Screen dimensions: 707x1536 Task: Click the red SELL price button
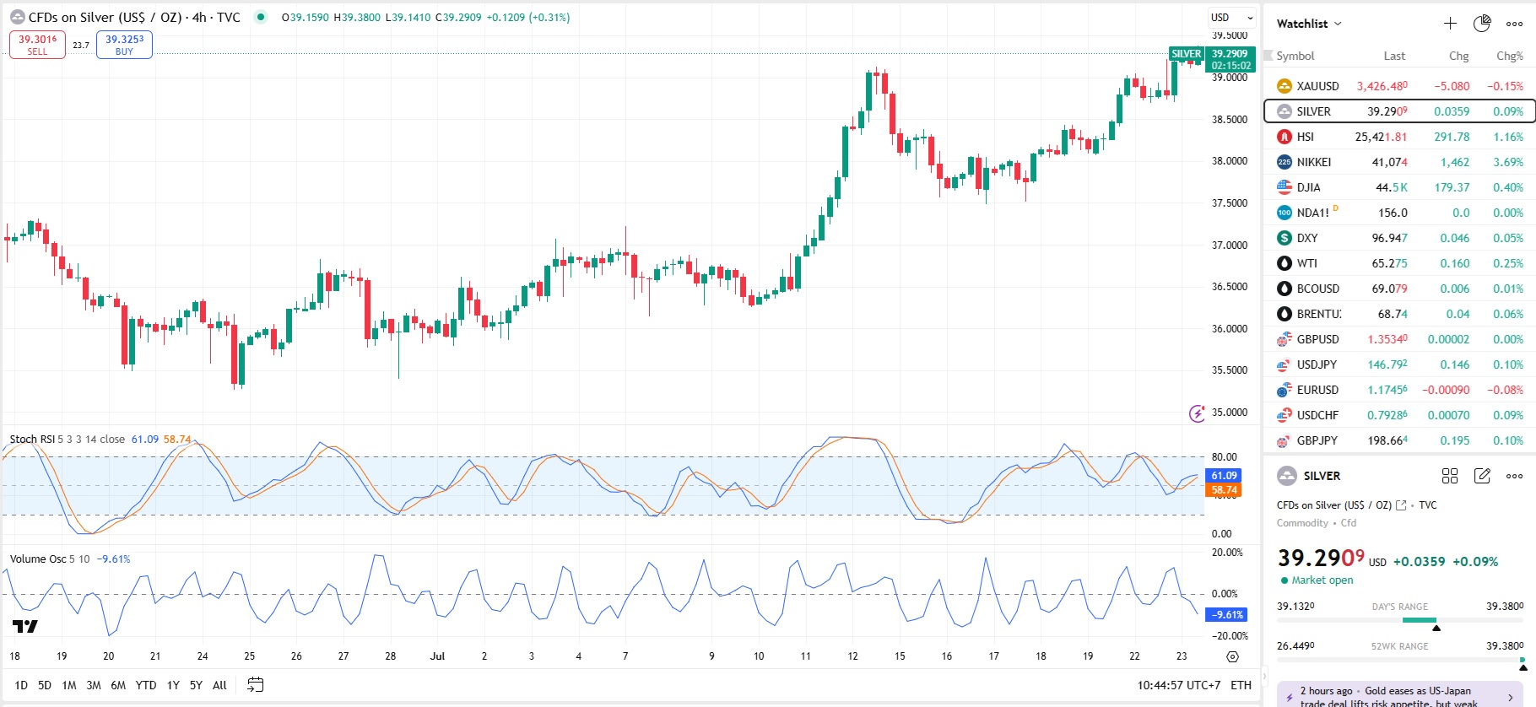pyautogui.click(x=37, y=45)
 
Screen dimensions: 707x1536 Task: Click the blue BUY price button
pyautogui.click(x=124, y=45)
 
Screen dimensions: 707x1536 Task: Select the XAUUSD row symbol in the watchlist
pyautogui.click(x=1317, y=86)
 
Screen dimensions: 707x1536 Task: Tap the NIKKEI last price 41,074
pyautogui.click(x=1389, y=162)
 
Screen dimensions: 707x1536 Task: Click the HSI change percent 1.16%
pyautogui.click(x=1507, y=137)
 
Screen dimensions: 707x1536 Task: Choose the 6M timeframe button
pyautogui.click(x=118, y=685)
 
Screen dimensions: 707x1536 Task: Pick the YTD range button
pyautogui.click(x=146, y=685)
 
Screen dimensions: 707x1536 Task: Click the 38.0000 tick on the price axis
pyautogui.click(x=1230, y=161)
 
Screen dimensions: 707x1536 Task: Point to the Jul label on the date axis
pyautogui.click(x=437, y=656)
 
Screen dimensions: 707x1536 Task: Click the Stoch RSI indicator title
pyautogui.click(x=31, y=439)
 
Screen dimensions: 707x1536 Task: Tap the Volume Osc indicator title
pyautogui.click(x=37, y=559)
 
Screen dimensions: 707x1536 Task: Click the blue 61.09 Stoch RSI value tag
pyautogui.click(x=1224, y=476)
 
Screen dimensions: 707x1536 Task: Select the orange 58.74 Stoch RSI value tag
pyautogui.click(x=1224, y=489)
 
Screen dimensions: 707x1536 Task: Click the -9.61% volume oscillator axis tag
pyautogui.click(x=1227, y=614)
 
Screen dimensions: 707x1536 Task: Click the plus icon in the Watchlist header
pyautogui.click(x=1450, y=24)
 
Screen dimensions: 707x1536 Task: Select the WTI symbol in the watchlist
pyautogui.click(x=1306, y=263)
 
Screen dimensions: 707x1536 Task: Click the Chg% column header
pyautogui.click(x=1509, y=56)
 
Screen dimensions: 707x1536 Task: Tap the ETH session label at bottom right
pyautogui.click(x=1241, y=685)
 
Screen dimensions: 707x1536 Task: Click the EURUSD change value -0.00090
pyautogui.click(x=1445, y=390)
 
